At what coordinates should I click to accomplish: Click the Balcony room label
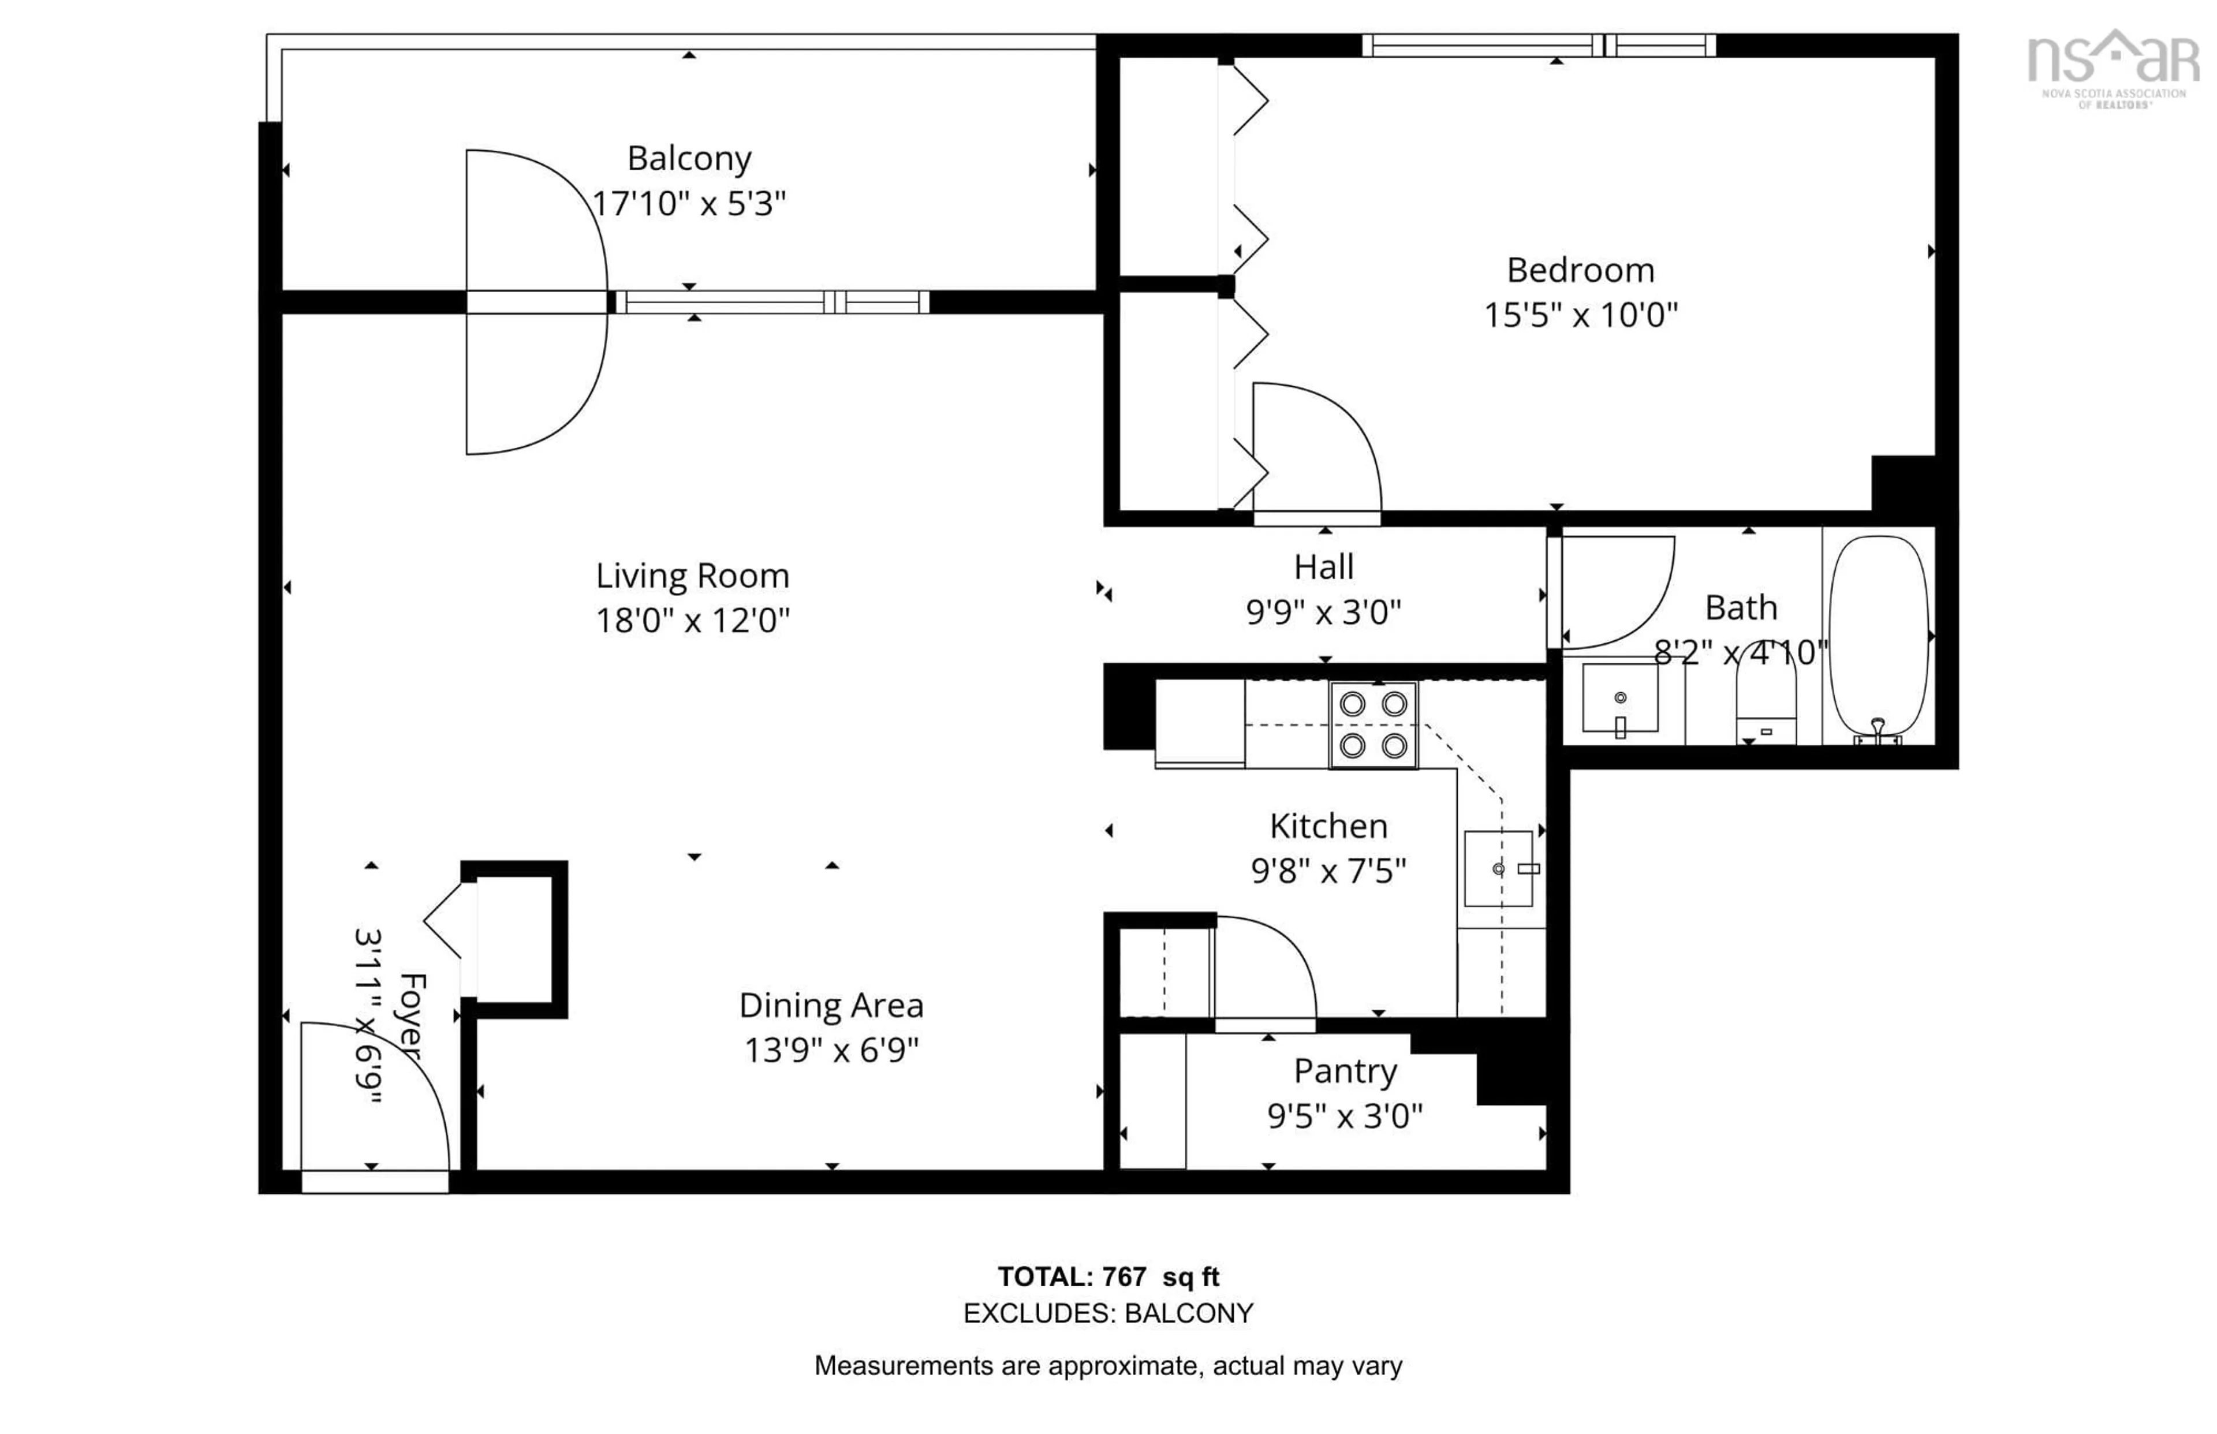pos(688,158)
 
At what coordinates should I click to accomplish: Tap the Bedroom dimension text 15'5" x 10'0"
pos(1580,315)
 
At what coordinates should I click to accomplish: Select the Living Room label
pos(692,576)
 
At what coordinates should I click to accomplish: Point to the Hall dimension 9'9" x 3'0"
pos(1323,612)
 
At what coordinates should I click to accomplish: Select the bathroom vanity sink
pos(1619,699)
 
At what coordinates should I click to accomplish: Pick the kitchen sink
pos(1497,868)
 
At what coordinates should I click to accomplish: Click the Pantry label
pos(1345,1071)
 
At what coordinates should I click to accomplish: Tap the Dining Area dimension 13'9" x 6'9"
pos(831,1050)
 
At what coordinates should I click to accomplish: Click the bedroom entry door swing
pos(1313,447)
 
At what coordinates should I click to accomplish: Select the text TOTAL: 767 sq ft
pos(1107,1276)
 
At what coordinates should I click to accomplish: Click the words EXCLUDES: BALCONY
pos(1107,1313)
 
